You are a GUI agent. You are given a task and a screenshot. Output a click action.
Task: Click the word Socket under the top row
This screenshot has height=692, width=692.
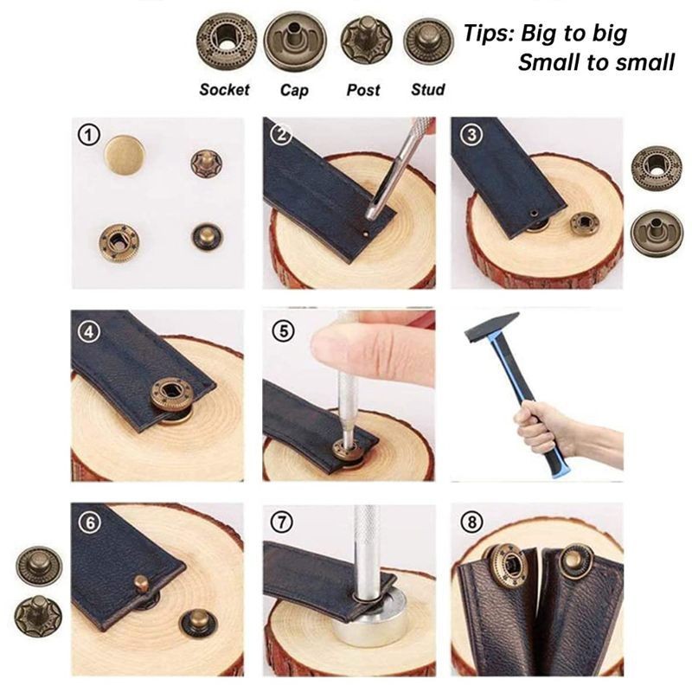pos(224,89)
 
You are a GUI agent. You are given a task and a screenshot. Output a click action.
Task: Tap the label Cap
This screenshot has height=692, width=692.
pos(297,89)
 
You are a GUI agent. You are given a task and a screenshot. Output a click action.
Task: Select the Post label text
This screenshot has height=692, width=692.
pos(362,89)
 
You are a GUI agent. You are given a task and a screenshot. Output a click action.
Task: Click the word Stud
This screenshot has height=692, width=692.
pos(427,89)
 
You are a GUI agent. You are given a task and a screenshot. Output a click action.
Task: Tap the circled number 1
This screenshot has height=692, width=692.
pos(89,135)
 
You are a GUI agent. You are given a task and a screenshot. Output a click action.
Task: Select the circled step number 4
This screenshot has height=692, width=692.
pos(89,330)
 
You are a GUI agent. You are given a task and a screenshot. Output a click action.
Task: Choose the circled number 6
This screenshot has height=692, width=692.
pos(89,522)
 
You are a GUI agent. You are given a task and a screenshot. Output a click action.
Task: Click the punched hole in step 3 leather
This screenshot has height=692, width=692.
pos(535,211)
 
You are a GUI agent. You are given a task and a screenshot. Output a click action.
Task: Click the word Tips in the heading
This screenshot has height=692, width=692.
pos(489,35)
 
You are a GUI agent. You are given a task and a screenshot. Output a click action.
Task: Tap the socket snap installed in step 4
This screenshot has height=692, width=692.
pos(174,395)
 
